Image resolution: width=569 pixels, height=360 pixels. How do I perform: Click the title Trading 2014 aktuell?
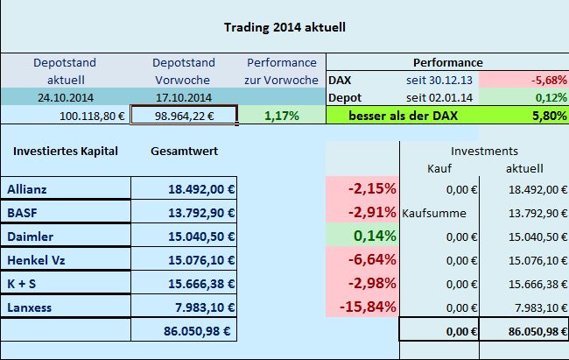point(284,27)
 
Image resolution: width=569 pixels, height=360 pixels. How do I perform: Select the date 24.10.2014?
point(65,96)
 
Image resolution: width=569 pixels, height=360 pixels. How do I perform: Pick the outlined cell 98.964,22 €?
point(184,114)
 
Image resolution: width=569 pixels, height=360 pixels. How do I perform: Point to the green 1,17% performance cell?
point(281,114)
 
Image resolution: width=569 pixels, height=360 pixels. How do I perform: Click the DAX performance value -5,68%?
point(544,80)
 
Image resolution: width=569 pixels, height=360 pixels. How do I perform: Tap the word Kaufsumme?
point(438,212)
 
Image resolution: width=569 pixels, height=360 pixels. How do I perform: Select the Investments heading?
point(484,151)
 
